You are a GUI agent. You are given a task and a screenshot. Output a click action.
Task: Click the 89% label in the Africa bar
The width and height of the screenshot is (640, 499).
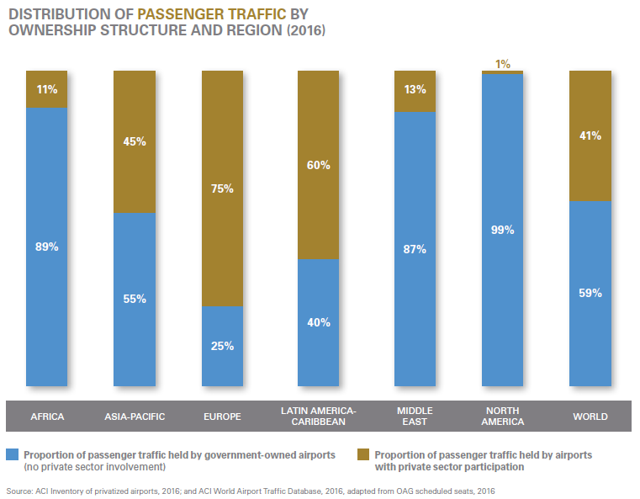coord(47,247)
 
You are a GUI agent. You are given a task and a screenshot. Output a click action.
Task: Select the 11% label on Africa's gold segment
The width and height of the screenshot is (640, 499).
coord(47,88)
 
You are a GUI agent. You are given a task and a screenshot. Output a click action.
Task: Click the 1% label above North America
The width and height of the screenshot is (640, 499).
coord(503,64)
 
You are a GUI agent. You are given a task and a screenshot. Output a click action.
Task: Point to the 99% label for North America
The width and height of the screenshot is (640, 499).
coord(503,229)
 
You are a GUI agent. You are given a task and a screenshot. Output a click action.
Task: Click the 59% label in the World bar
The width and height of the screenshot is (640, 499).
coord(590,294)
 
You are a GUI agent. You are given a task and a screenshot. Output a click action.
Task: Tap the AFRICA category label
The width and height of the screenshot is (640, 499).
coord(47,417)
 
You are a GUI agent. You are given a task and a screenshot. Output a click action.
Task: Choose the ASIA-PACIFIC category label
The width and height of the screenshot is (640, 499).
coord(135,417)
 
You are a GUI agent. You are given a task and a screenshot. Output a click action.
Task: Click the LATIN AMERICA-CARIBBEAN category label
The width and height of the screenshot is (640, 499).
coord(319,416)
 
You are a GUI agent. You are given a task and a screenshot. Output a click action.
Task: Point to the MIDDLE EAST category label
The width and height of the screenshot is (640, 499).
coord(415,416)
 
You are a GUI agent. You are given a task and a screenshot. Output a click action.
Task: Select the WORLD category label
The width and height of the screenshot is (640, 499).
coord(590,417)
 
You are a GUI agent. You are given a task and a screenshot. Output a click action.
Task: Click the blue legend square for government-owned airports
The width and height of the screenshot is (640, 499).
coord(12,454)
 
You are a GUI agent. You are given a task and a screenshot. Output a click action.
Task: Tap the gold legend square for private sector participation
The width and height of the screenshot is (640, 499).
coord(363,454)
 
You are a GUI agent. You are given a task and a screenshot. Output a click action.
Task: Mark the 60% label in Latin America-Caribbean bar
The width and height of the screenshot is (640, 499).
coord(319,166)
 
